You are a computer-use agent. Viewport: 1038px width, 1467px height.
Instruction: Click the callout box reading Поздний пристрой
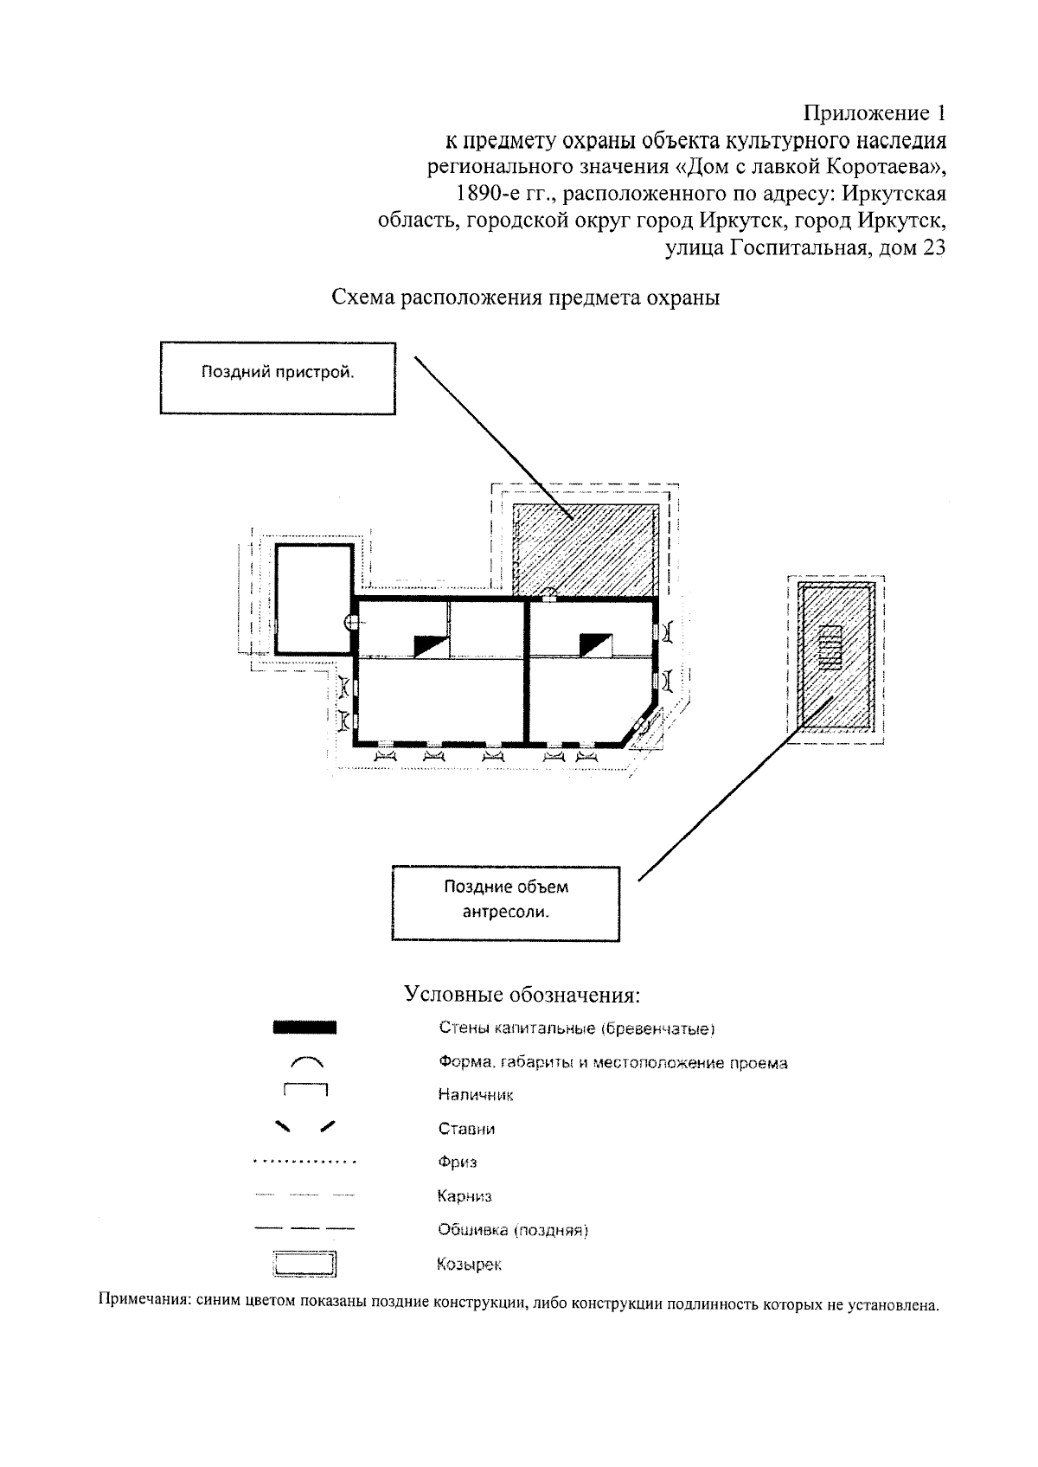coord(278,378)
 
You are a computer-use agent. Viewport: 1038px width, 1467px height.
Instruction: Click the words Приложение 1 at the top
coord(875,113)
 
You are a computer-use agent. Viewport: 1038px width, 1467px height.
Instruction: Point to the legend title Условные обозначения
coord(522,994)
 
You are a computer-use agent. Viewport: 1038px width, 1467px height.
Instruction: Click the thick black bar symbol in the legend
coord(304,1028)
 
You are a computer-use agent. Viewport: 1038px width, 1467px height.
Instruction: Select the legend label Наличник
coord(476,1095)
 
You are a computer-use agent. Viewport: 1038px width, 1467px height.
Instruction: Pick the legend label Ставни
coord(466,1129)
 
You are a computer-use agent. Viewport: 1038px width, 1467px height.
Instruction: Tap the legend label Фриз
coord(458,1163)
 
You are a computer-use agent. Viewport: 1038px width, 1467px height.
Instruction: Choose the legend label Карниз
coord(465,1196)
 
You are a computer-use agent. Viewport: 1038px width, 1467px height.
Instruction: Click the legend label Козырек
coord(469,1265)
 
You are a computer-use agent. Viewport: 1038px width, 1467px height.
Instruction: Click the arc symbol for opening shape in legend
coord(304,1060)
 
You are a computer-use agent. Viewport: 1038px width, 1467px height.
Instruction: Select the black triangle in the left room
coord(428,645)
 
